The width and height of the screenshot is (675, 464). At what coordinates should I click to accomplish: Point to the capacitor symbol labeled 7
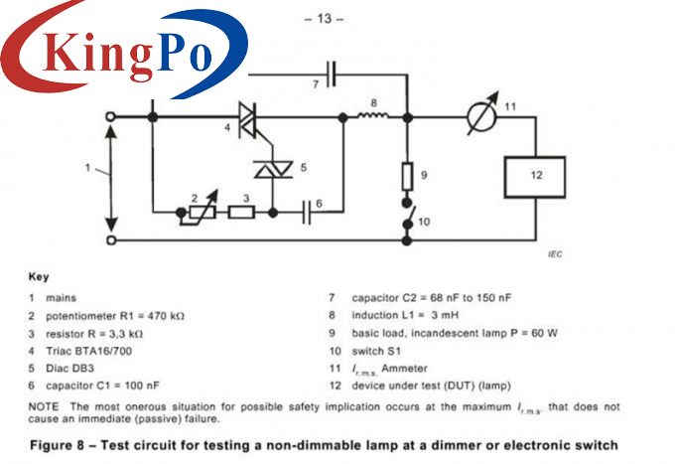[333, 73]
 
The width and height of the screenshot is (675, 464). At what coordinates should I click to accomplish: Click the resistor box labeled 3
[241, 212]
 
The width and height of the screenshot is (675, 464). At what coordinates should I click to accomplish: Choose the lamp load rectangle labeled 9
[407, 177]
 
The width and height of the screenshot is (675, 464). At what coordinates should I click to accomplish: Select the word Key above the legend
[38, 277]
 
